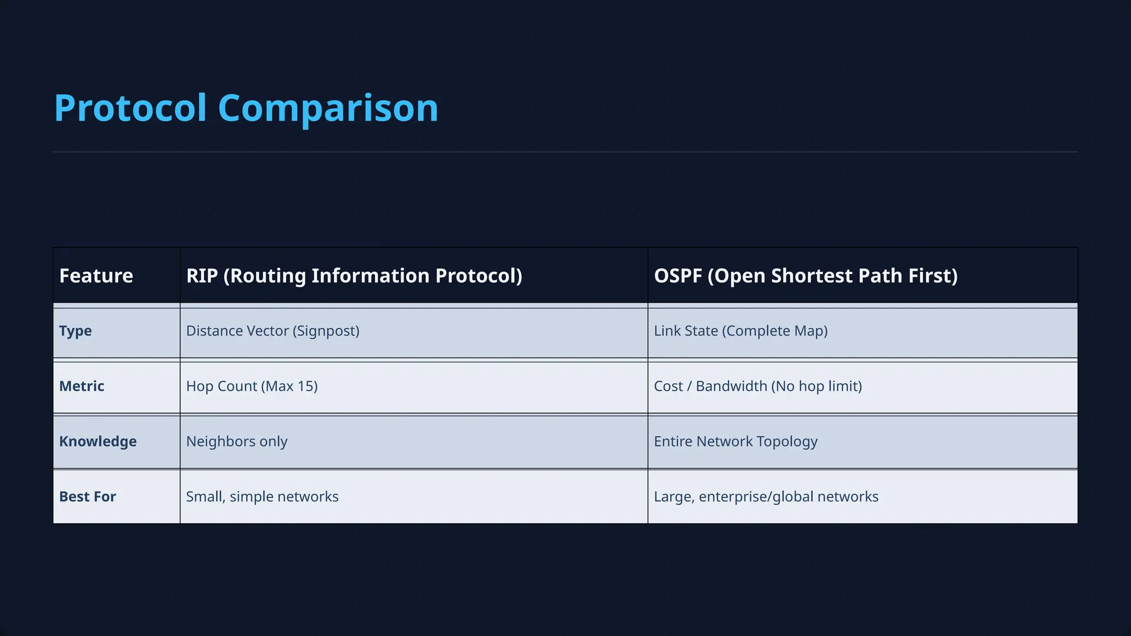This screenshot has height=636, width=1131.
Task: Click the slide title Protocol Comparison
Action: pyautogui.click(x=246, y=108)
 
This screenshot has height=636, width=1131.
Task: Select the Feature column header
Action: pyautogui.click(x=96, y=275)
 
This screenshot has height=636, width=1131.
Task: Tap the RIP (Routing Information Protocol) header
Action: pyautogui.click(x=354, y=275)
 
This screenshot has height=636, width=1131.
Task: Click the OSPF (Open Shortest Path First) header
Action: pyautogui.click(x=806, y=275)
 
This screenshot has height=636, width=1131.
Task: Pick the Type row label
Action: pyautogui.click(x=76, y=331)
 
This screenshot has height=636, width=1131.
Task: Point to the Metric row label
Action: pyautogui.click(x=82, y=386)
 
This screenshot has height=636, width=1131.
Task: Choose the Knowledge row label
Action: pyautogui.click(x=98, y=441)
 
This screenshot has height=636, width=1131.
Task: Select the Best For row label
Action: pyautogui.click(x=87, y=496)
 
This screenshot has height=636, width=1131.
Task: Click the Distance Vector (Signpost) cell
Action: pyautogui.click(x=273, y=331)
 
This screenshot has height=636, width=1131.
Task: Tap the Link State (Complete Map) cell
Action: pyautogui.click(x=741, y=331)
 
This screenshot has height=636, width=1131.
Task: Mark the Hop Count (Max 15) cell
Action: pyautogui.click(x=252, y=386)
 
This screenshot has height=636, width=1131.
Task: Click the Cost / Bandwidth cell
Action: pyautogui.click(x=758, y=386)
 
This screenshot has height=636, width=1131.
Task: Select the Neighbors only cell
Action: pyautogui.click(x=236, y=441)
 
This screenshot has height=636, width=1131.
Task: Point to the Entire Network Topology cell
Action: pyautogui.click(x=736, y=441)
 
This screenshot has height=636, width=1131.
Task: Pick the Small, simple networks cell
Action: pyautogui.click(x=262, y=496)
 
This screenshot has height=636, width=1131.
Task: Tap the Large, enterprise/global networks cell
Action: pyautogui.click(x=766, y=496)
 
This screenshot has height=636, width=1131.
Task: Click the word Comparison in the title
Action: pyautogui.click(x=328, y=108)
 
